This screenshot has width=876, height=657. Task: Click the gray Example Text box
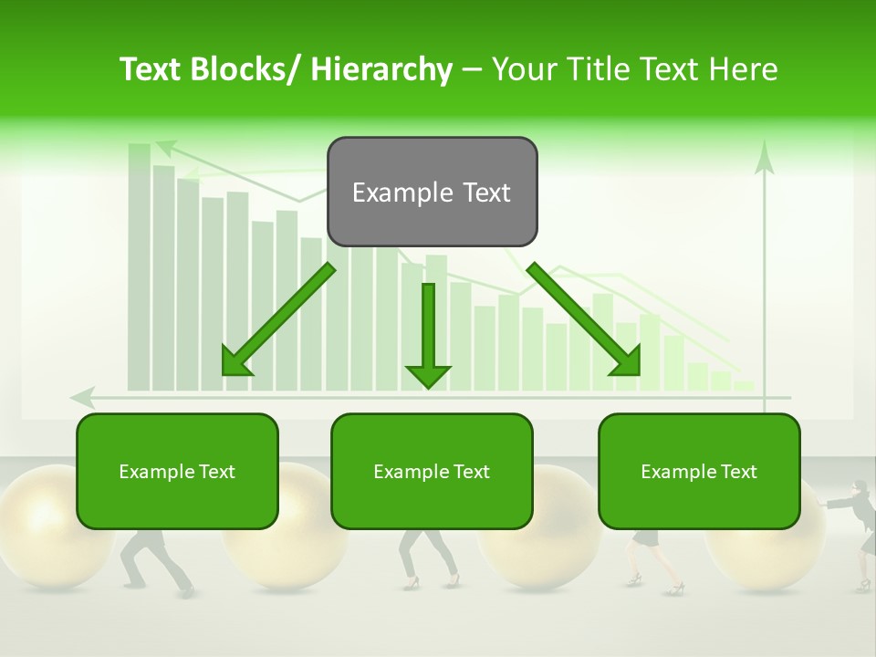[x=432, y=192]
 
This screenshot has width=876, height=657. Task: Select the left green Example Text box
[x=177, y=471]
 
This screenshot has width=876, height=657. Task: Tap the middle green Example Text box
[x=432, y=471]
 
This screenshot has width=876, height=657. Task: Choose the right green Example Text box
[x=699, y=471]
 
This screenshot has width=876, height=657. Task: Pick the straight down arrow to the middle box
[x=428, y=334]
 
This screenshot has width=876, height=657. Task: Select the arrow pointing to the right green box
[x=584, y=319]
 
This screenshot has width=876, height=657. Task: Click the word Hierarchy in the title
[x=381, y=69]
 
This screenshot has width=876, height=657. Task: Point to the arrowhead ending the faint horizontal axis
[x=82, y=397]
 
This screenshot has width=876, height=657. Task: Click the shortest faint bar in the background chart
[x=745, y=386]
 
